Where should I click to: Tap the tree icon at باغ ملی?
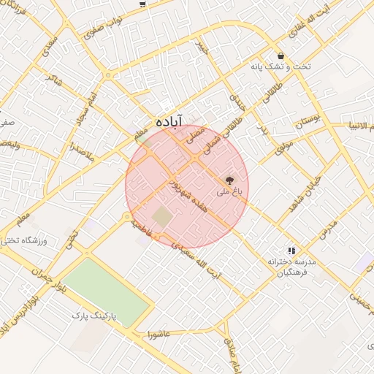[x=229, y=180]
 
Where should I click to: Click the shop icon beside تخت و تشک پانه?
[x=281, y=56]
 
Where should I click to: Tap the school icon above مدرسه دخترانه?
[x=291, y=250]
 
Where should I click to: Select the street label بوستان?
[x=308, y=121]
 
